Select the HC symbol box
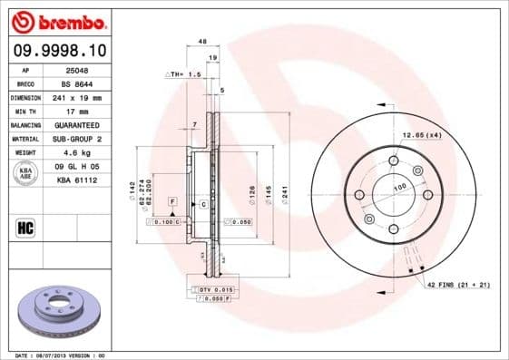tap(26, 227)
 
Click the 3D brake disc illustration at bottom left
tap(58, 311)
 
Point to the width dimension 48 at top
tap(202, 42)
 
